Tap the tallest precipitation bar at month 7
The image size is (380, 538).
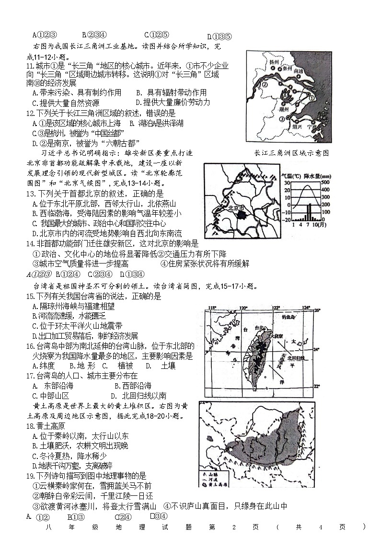coord(309,211)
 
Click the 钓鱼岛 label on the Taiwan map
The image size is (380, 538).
coord(288,317)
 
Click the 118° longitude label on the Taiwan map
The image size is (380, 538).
coord(211,309)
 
